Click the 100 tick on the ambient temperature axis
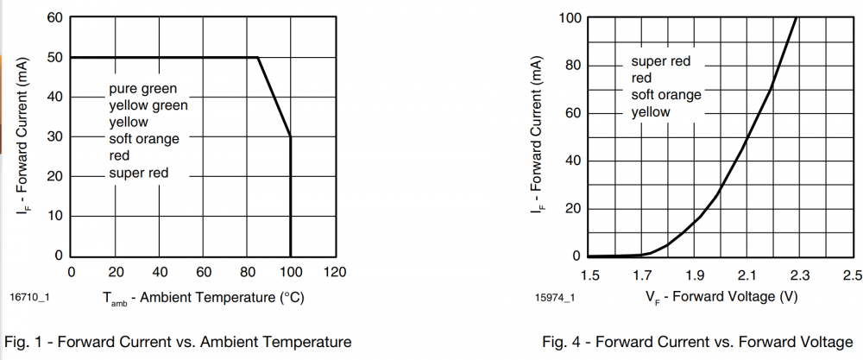pos(291,272)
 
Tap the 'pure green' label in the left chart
pos(142,89)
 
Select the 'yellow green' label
pos(148,105)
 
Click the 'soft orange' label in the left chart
pos(143,139)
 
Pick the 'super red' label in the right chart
pos(661,62)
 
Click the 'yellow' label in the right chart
pos(651,112)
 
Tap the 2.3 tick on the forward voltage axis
pos(800,275)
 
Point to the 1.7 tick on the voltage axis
pos(642,275)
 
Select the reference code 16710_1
pos(29,297)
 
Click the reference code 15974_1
pos(555,299)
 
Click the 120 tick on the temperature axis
pos(335,272)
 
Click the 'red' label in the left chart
pos(119,156)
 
